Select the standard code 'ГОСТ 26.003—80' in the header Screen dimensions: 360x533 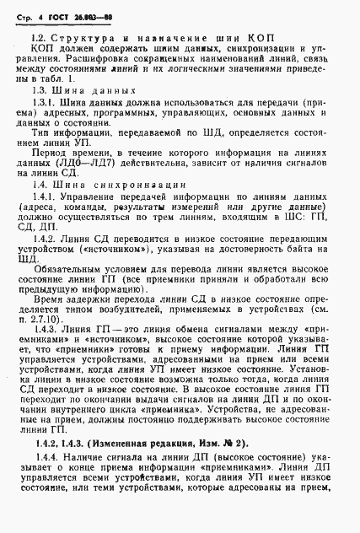coord(80,13)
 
